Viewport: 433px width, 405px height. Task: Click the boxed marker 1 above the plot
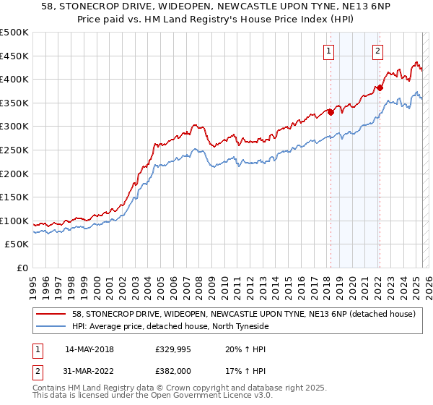pyautogui.click(x=328, y=51)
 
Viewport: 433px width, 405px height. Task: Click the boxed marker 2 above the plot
pyautogui.click(x=378, y=51)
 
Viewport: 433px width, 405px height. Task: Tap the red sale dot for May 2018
pyautogui.click(x=331, y=112)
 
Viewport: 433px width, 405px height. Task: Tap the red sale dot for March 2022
pyautogui.click(x=380, y=88)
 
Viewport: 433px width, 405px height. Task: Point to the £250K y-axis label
pyautogui.click(x=15, y=150)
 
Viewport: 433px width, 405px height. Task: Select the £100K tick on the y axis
pyautogui.click(x=15, y=221)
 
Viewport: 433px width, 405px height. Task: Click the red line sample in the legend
pyautogui.click(x=51, y=314)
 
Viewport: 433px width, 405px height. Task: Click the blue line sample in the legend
pyautogui.click(x=51, y=326)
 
